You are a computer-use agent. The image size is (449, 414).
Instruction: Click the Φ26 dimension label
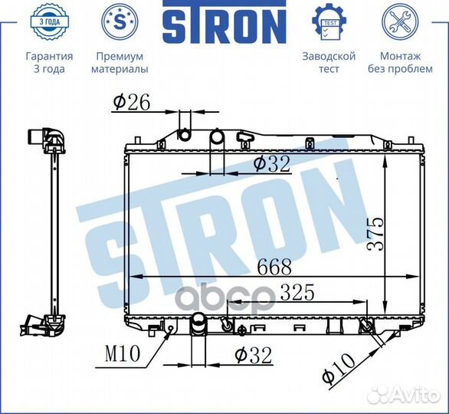pyautogui.click(x=132, y=103)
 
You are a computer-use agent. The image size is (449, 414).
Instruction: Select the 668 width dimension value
pyautogui.click(x=274, y=267)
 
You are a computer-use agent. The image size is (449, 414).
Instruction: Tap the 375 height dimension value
pyautogui.click(x=375, y=234)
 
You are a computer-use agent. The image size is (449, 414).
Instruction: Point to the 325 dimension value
pyautogui.click(x=297, y=292)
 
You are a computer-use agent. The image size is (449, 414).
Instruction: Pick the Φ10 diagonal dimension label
pyautogui.click(x=339, y=368)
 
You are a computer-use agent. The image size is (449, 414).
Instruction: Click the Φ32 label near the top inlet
pyautogui.click(x=272, y=164)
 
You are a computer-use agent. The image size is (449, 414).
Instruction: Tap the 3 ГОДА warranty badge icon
pyautogui.click(x=50, y=21)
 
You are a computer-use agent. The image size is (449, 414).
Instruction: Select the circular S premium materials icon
pyautogui.click(x=120, y=21)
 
